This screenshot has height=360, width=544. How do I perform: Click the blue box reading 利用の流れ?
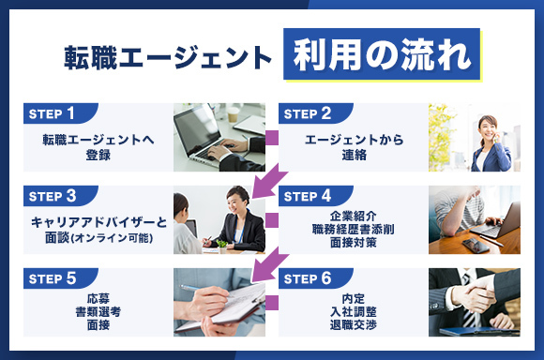pyautogui.click(x=381, y=53)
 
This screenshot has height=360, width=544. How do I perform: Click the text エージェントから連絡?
pyautogui.click(x=354, y=147)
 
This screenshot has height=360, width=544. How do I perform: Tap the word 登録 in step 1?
pyautogui.click(x=98, y=156)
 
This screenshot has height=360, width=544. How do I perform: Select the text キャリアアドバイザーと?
pyautogui.click(x=98, y=221)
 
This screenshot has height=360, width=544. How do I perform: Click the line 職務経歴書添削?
pyautogui.click(x=354, y=229)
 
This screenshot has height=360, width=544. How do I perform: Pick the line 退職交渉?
pyautogui.click(x=354, y=324)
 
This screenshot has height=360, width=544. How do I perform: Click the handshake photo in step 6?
pyautogui.click(x=474, y=302)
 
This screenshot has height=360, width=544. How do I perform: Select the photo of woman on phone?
pyautogui.click(x=474, y=138)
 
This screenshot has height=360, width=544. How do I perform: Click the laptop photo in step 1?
pyautogui.click(x=219, y=138)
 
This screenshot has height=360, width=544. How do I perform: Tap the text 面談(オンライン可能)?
pyautogui.click(x=98, y=238)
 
